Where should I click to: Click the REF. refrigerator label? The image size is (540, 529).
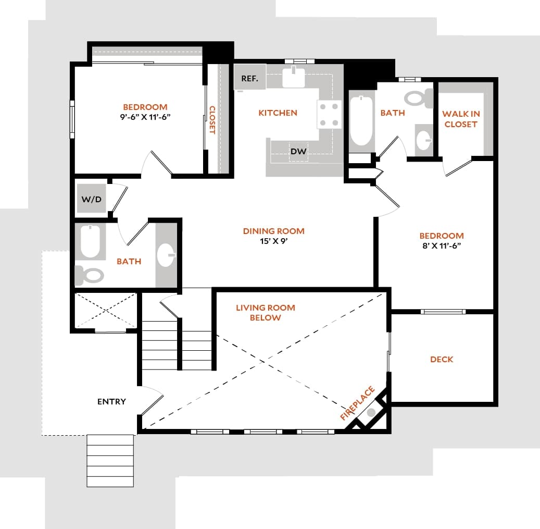pos(250,79)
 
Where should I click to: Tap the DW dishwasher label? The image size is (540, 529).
pos(298,151)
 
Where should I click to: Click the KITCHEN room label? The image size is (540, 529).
pos(278,113)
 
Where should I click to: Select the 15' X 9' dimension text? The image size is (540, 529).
pos(273,241)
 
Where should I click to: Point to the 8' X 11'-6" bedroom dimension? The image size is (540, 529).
pos(442,245)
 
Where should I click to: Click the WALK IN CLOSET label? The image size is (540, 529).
pos(461,119)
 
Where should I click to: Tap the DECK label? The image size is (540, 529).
pos(442,359)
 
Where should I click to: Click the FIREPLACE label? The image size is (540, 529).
pos(357,403)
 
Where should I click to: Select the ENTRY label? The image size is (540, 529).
pos(111,401)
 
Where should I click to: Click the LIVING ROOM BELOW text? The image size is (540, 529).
pos(265,313)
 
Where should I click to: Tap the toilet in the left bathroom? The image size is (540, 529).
pos(90,275)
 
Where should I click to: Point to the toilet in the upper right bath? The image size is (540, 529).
pos(419,98)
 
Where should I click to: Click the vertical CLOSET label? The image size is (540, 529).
pos(212,120)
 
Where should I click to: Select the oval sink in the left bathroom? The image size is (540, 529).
pos(166,255)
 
